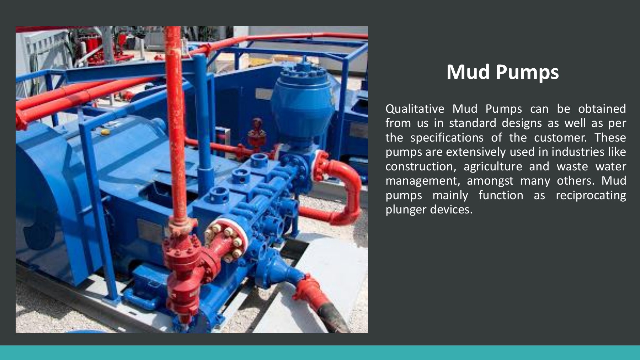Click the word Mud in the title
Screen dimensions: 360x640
click(x=469, y=72)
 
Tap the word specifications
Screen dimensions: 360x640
click(x=447, y=138)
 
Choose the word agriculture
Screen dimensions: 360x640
click(x=493, y=166)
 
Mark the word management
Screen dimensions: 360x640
click(x=422, y=181)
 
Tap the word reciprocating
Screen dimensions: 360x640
click(x=591, y=195)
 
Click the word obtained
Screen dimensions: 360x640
click(x=602, y=109)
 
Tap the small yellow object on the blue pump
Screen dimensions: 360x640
click(x=105, y=132)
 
